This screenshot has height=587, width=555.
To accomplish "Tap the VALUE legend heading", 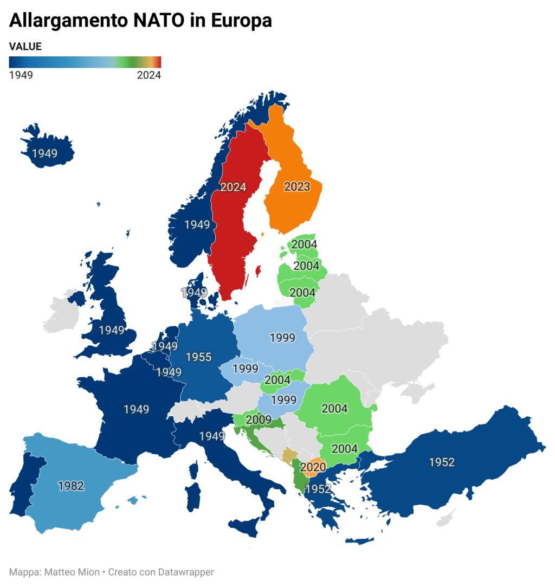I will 25,47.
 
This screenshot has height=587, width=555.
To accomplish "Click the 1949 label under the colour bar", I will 21,75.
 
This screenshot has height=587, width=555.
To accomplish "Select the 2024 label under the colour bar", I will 149,75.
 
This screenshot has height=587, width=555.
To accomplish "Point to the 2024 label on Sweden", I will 233,187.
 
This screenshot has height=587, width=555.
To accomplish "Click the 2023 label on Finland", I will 297,187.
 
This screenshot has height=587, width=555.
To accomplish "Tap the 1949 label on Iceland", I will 44,153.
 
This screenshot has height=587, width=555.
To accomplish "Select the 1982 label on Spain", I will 71,486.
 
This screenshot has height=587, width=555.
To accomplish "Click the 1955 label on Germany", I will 199,357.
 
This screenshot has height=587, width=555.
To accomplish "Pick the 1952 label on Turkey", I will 441,462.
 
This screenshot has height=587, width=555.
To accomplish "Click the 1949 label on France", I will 136,409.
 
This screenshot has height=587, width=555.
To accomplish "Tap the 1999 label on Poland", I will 282,338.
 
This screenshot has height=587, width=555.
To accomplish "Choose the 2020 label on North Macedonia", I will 313,467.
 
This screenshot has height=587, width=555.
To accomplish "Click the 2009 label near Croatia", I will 259,420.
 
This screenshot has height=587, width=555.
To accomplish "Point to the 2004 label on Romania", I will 334,409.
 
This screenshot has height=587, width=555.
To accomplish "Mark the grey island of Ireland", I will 61,315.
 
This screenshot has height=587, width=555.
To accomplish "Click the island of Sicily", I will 249,525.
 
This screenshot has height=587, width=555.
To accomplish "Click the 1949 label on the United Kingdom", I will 111,330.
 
